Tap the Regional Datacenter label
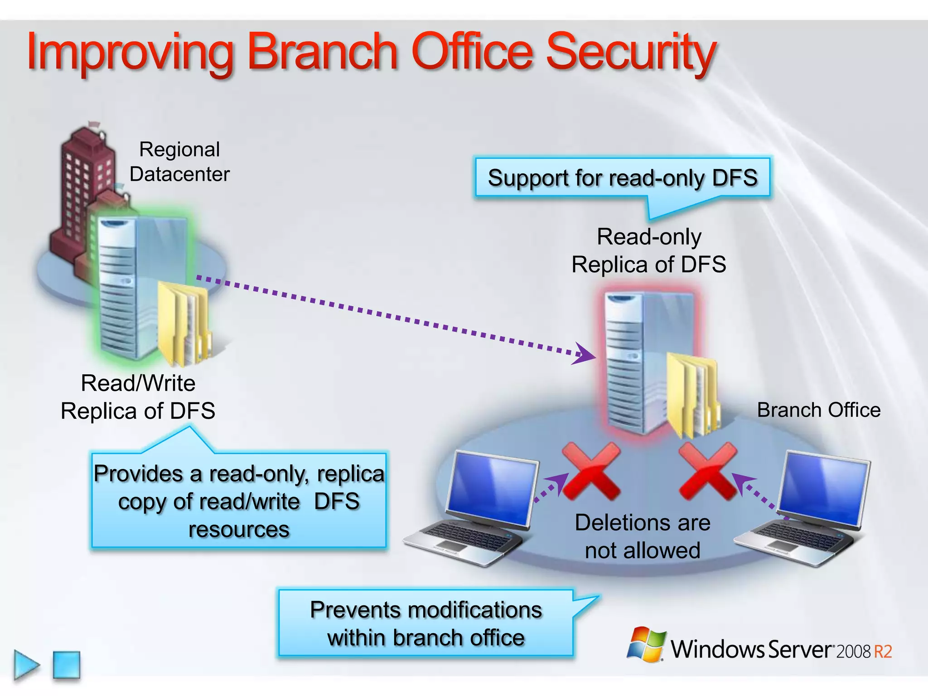(x=179, y=162)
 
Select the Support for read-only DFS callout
(x=622, y=178)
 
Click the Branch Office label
(x=818, y=410)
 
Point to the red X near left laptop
(x=591, y=471)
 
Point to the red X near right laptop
(x=708, y=471)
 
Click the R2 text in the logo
(x=883, y=652)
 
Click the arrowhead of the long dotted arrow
(x=585, y=354)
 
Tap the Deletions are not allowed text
(x=642, y=536)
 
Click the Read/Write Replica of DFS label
(x=138, y=397)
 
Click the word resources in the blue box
(x=239, y=529)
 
